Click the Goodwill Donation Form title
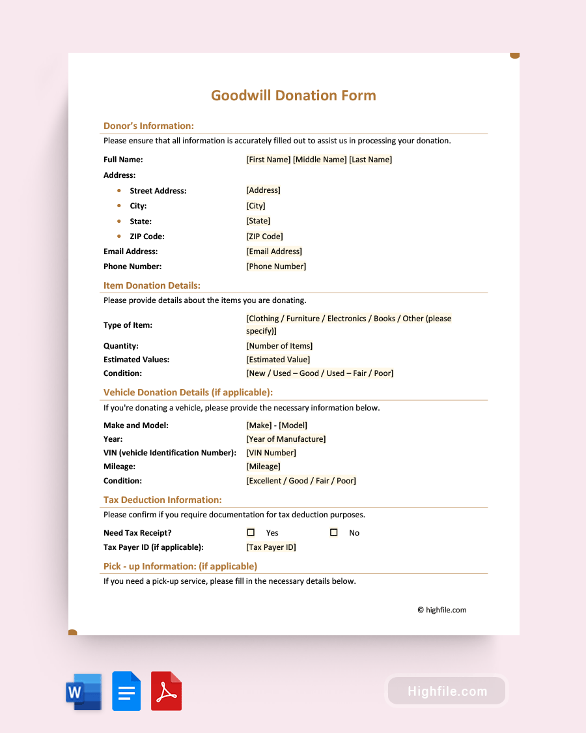click(293, 96)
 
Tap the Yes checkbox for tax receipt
click(251, 532)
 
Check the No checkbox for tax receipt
click(333, 532)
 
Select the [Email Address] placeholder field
click(274, 252)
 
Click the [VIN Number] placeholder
click(271, 453)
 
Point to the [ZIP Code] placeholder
click(264, 237)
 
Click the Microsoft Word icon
click(83, 691)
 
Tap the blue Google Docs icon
click(126, 691)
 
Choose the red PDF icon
click(166, 691)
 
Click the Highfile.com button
click(447, 691)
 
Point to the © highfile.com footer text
click(441, 611)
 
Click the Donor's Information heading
click(148, 126)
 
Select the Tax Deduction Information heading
click(162, 500)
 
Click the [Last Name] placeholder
click(370, 160)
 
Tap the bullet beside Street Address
click(119, 191)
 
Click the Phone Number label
click(132, 266)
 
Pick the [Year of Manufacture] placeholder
click(286, 439)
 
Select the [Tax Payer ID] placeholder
click(271, 547)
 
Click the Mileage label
click(119, 467)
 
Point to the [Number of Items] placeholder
click(279, 346)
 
